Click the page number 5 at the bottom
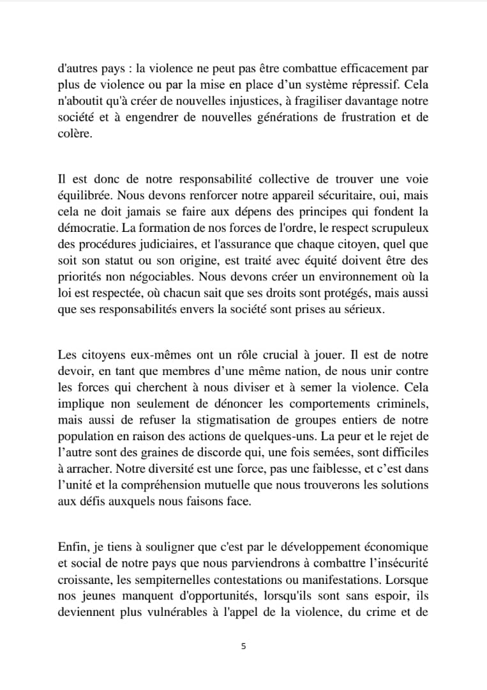[x=243, y=646]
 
